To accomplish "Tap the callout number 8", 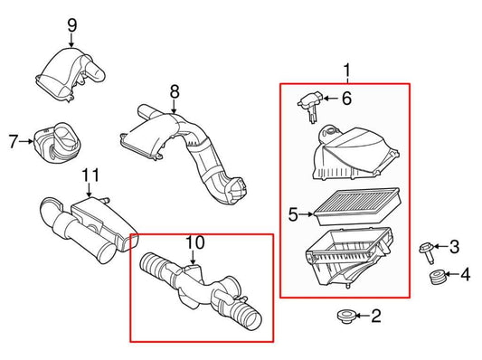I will click(175, 90).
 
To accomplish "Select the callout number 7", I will click(13, 140).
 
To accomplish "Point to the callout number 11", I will click(89, 175).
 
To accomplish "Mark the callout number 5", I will click(293, 214).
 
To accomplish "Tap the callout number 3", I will click(455, 246).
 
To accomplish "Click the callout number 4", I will click(467, 275).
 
